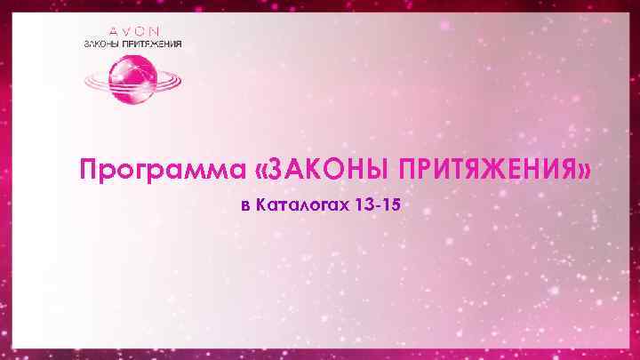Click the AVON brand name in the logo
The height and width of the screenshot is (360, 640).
134,30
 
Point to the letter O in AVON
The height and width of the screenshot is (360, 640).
145,30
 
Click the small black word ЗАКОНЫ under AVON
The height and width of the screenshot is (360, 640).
100,44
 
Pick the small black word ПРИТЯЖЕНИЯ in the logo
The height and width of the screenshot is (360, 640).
153,44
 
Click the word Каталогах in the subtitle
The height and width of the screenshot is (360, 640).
302,206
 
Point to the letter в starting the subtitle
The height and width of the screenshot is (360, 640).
245,207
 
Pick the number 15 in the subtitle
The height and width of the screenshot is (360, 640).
391,206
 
